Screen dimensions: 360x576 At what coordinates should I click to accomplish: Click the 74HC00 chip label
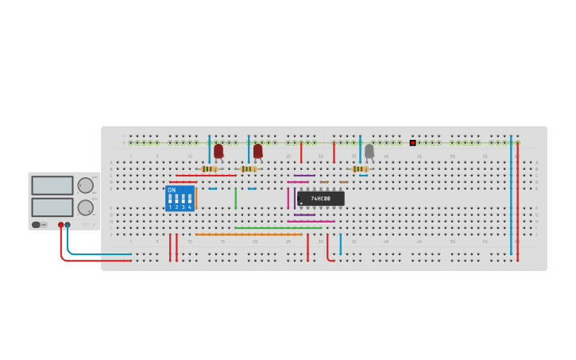[321, 199]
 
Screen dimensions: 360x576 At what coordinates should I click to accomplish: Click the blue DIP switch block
[180, 198]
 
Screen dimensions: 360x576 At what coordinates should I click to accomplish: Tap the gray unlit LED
[369, 150]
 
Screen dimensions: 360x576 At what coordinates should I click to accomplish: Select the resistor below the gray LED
[360, 168]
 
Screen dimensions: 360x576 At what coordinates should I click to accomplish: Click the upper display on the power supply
[52, 185]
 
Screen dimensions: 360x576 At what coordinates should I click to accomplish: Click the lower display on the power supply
[52, 207]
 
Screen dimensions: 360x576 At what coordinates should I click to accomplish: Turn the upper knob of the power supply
[85, 185]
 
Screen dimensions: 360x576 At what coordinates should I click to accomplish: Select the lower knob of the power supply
[85, 207]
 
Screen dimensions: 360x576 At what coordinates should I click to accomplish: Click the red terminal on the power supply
[60, 225]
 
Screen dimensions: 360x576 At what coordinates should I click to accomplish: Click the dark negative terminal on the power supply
[68, 225]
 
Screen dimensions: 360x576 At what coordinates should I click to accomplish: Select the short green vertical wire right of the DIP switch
[235, 198]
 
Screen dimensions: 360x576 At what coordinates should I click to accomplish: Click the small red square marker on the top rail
[412, 143]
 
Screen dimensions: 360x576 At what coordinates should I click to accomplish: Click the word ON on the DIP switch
[172, 190]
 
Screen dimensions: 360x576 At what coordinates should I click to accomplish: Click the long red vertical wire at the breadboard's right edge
[517, 199]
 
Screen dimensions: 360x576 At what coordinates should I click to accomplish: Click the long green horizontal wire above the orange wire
[277, 228]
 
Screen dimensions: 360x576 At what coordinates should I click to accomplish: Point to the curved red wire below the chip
[328, 254]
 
